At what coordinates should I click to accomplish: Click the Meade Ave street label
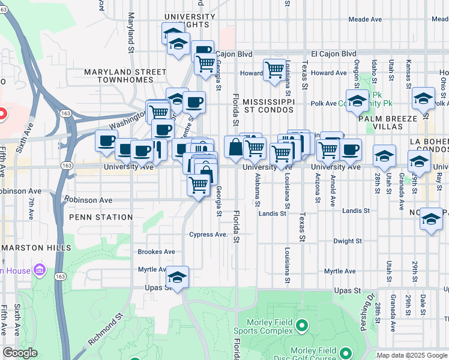click(365, 19)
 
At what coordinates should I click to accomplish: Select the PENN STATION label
click(101, 217)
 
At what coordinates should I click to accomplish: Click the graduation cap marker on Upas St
click(177, 278)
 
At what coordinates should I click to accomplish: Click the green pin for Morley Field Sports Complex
click(301, 326)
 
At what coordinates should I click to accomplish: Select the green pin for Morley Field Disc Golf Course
click(345, 352)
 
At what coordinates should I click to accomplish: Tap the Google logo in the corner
click(20, 353)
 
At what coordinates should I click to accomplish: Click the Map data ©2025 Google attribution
click(412, 356)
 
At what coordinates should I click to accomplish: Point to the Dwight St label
click(348, 241)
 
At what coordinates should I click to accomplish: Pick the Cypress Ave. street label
click(208, 235)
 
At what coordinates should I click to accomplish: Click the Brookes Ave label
click(156, 252)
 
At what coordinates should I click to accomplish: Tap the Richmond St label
click(106, 328)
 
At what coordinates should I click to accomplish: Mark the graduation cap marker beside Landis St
click(431, 220)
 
